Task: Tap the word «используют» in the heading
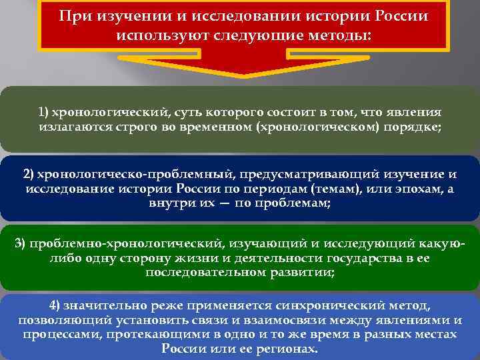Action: (151, 34)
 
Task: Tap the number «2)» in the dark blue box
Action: (29, 174)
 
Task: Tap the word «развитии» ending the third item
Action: (297, 273)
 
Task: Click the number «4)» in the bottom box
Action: (55, 305)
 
